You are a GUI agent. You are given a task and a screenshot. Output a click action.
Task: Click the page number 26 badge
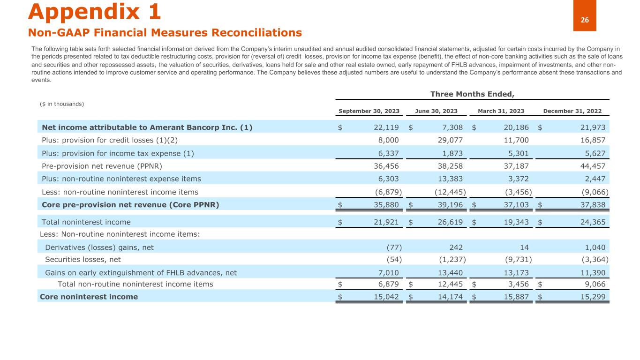click(x=585, y=20)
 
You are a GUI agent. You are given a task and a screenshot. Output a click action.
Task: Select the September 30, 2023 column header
click(x=369, y=111)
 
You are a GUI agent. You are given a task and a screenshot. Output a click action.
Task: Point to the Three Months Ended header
click(x=472, y=94)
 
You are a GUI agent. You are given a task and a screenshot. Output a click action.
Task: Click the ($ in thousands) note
click(x=62, y=104)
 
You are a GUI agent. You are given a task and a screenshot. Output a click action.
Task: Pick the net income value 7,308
click(x=452, y=127)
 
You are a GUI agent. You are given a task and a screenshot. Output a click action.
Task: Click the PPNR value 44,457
click(x=590, y=166)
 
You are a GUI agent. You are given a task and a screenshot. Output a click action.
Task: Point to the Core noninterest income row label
click(x=89, y=297)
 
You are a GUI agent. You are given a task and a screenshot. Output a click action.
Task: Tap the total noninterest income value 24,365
click(x=590, y=222)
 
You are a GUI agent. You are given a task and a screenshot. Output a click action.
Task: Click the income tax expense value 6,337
click(x=388, y=153)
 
